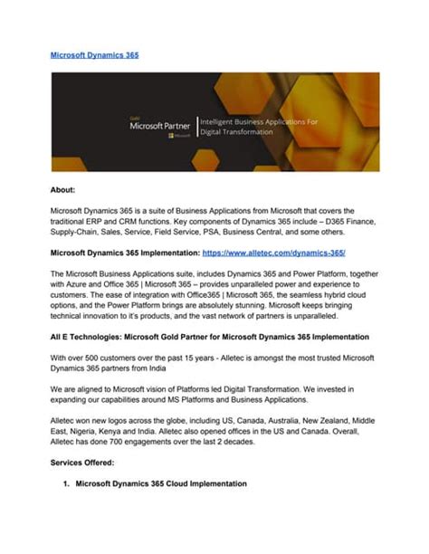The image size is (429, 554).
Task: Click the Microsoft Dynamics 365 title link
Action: tap(94, 55)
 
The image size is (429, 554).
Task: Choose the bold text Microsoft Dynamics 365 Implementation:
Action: tap(124, 253)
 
